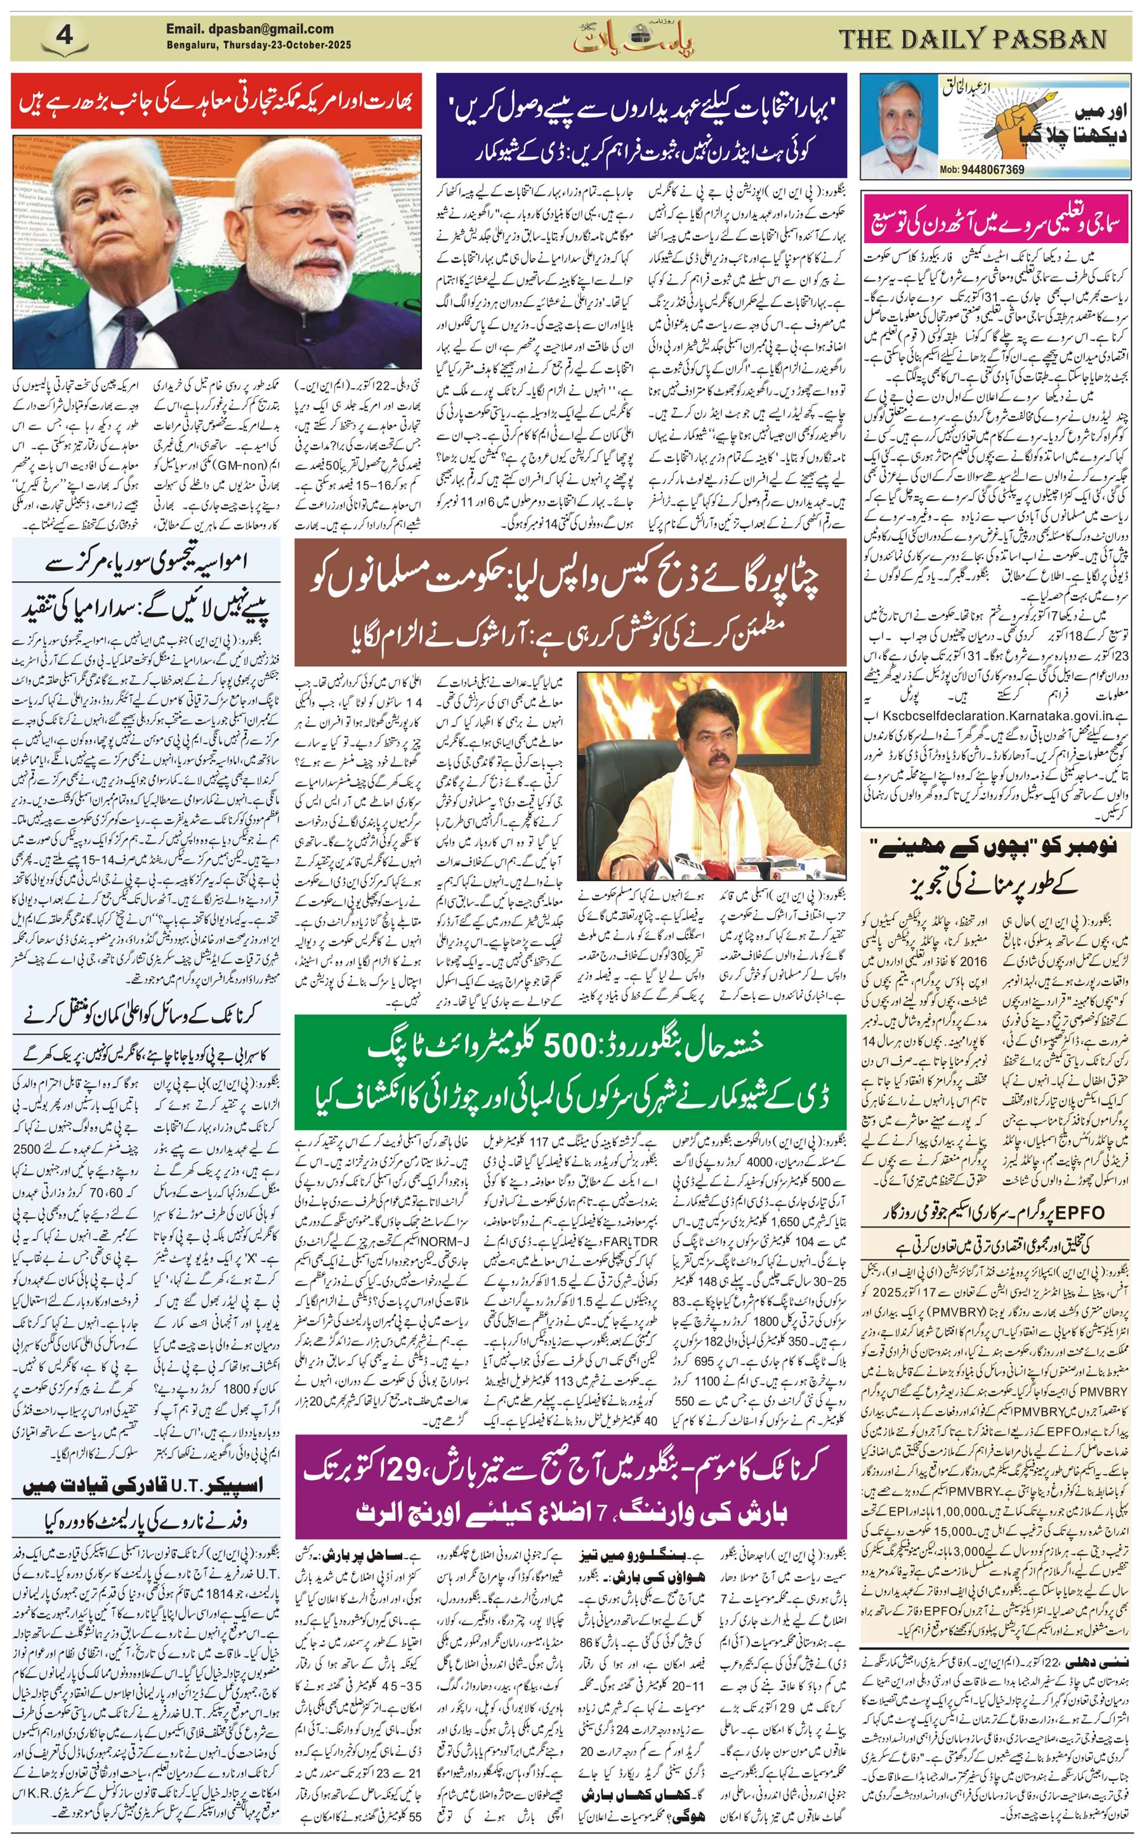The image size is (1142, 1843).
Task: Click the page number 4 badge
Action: tap(63, 36)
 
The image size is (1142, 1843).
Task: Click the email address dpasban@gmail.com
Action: tap(249, 29)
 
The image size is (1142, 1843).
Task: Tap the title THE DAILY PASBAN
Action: tap(973, 39)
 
